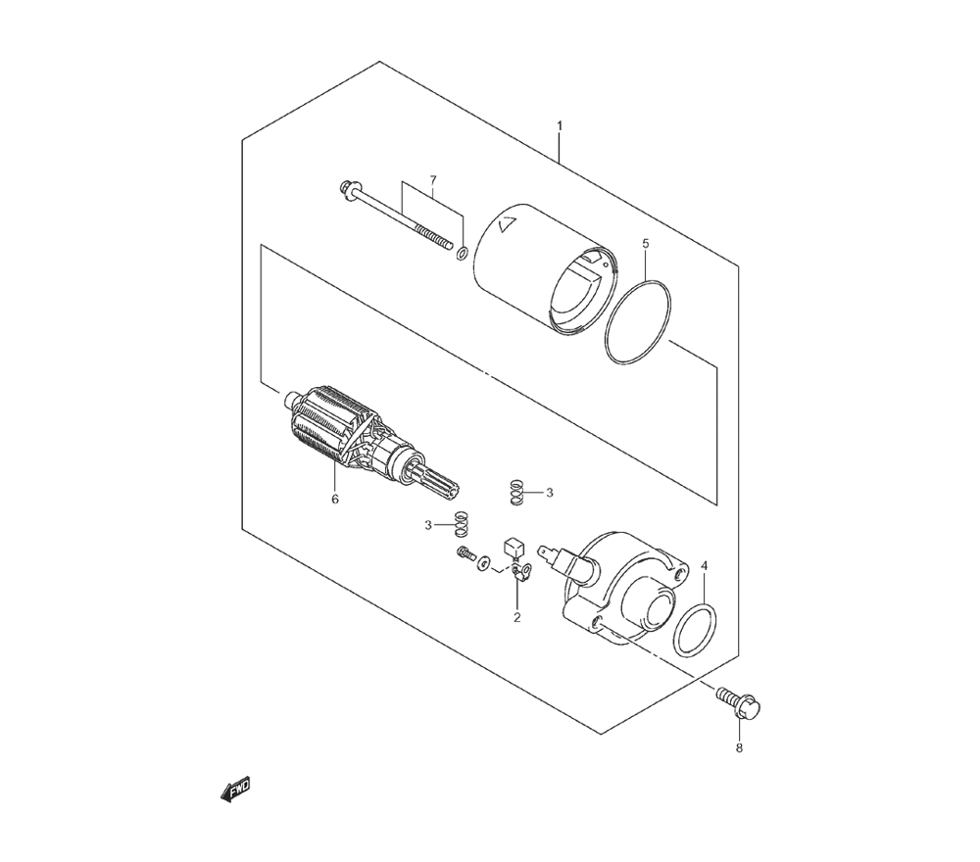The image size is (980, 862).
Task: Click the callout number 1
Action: (x=560, y=126)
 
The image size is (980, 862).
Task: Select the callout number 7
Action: (x=433, y=180)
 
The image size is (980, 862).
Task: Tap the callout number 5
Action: (x=646, y=243)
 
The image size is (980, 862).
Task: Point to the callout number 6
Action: (x=335, y=500)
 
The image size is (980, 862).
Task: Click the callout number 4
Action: (x=705, y=566)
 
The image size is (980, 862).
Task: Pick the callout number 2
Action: (x=517, y=618)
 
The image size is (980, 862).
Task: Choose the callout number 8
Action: (x=739, y=747)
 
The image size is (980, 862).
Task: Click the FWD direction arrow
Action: (x=235, y=790)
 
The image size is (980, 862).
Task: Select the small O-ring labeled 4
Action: (x=696, y=629)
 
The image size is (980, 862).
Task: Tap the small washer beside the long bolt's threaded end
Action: (x=462, y=253)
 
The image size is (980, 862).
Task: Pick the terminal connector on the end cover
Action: (x=548, y=552)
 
